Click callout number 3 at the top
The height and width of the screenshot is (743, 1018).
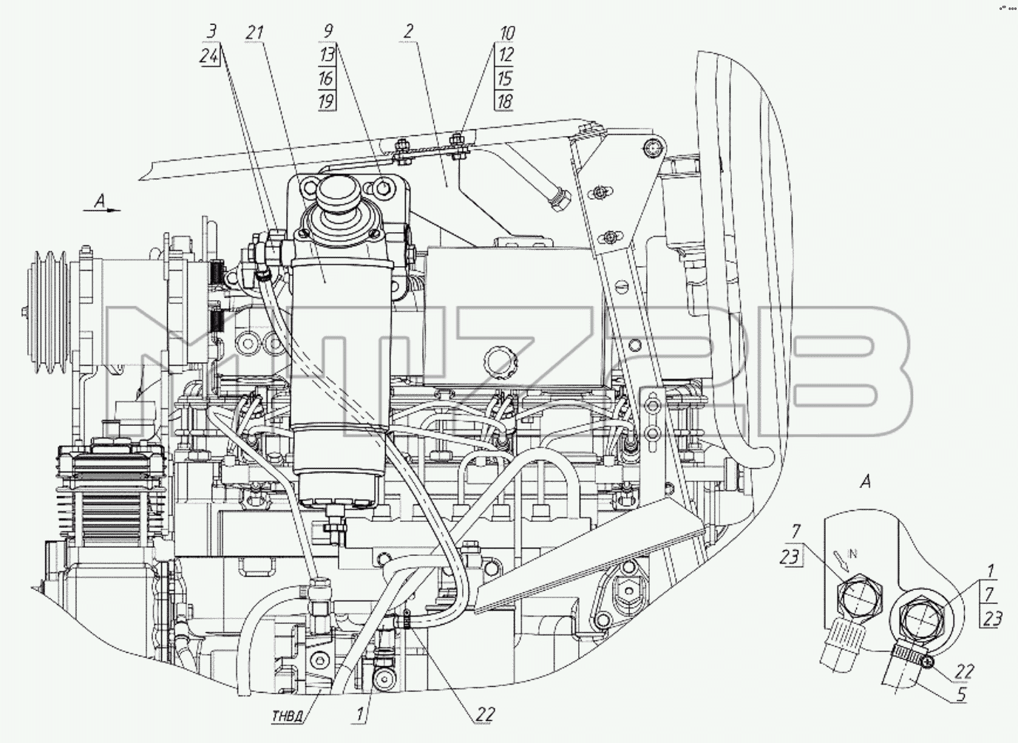[x=211, y=32]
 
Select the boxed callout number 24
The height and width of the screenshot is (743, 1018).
[x=209, y=56]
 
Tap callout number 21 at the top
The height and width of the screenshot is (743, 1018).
[x=255, y=33]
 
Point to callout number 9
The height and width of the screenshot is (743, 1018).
[x=328, y=31]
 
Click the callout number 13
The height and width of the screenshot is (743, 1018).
[x=327, y=55]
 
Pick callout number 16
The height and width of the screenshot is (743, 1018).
[x=326, y=78]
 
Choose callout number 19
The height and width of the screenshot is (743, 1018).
[x=326, y=101]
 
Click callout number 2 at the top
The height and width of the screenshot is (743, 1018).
[x=407, y=31]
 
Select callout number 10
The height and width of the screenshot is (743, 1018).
[x=507, y=33]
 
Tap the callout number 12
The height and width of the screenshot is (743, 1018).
[x=506, y=55]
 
